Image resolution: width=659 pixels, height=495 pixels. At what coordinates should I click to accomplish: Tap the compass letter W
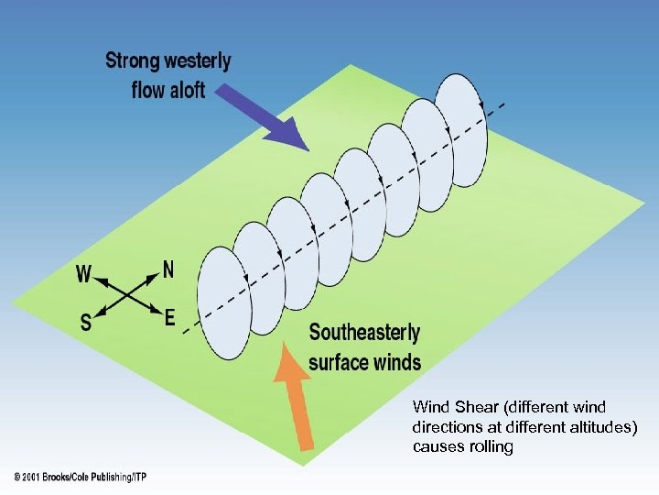click(x=83, y=273)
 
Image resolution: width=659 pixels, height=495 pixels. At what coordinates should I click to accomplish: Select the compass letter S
click(x=86, y=322)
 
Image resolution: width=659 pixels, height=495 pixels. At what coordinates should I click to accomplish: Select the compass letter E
click(x=170, y=318)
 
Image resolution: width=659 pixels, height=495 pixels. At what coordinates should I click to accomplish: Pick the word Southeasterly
click(x=364, y=333)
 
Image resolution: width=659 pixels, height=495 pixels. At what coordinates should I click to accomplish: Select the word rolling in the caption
click(x=490, y=447)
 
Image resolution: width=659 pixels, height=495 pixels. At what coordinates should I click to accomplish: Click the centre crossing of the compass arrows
click(x=127, y=294)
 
